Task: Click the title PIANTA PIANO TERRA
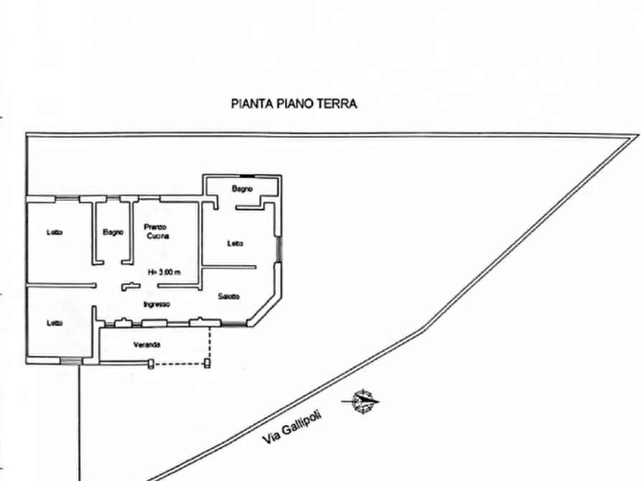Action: tap(294, 103)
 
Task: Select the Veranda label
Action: tap(146, 345)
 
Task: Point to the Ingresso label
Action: tap(156, 304)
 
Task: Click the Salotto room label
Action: tap(229, 296)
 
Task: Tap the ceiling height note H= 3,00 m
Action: tap(164, 272)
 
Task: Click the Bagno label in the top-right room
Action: tap(241, 189)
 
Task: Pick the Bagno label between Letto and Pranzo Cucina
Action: tap(113, 232)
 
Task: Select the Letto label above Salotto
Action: tap(235, 243)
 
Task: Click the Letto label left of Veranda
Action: tap(55, 323)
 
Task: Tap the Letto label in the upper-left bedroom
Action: tap(55, 232)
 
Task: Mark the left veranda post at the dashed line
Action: tap(151, 363)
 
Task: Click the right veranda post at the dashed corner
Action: tap(207, 363)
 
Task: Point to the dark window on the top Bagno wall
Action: tap(248, 175)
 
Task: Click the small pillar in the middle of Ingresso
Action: tap(128, 286)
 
